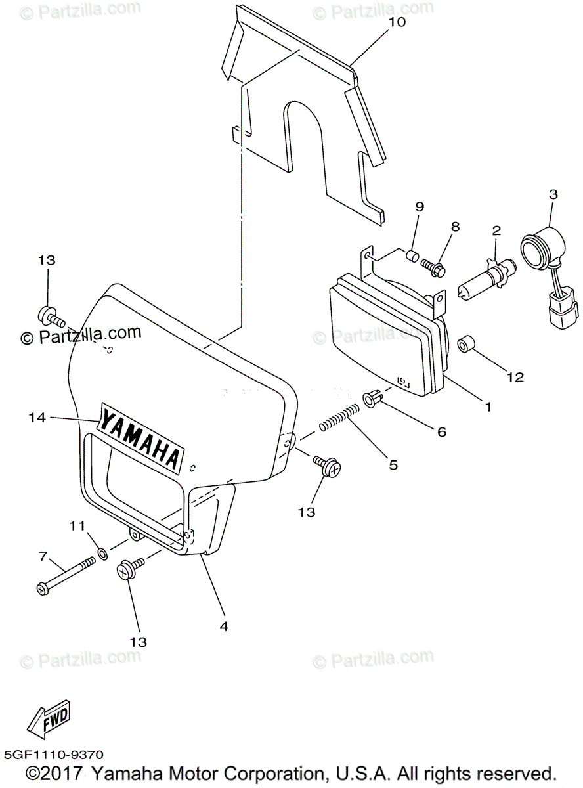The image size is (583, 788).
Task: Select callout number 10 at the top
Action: click(x=397, y=22)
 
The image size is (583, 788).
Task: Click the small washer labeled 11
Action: click(x=104, y=554)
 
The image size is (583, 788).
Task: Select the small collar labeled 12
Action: click(x=466, y=343)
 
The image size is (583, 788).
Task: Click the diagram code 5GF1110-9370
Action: click(x=53, y=756)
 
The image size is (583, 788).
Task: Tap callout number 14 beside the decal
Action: click(x=37, y=417)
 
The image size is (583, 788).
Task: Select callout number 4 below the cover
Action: click(x=224, y=626)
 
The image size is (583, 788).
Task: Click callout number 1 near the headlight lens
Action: click(x=488, y=406)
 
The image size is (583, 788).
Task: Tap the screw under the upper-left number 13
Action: click(x=51, y=318)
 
